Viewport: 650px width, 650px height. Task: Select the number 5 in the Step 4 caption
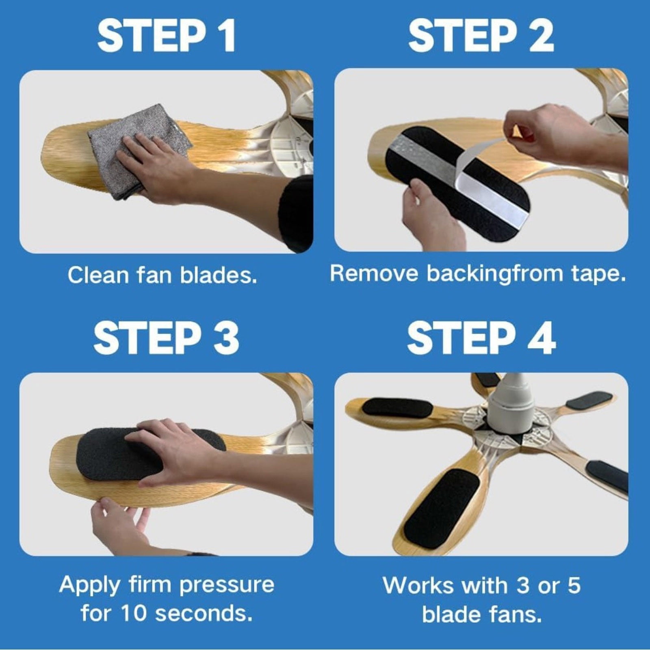click(x=574, y=586)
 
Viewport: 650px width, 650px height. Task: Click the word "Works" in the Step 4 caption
click(x=418, y=586)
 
